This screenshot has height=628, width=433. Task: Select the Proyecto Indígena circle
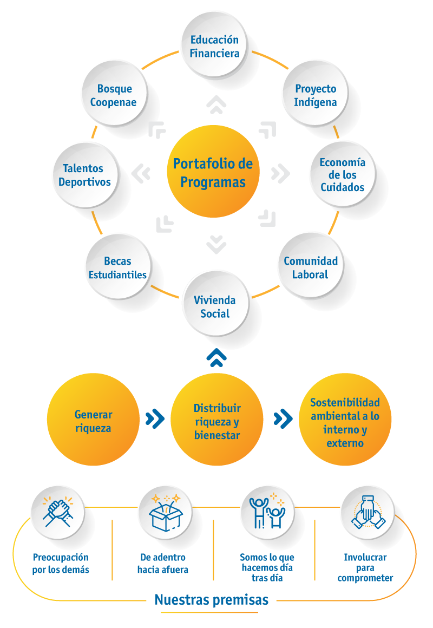pyautogui.click(x=316, y=95)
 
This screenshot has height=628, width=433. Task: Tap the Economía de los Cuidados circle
pyautogui.click(x=342, y=175)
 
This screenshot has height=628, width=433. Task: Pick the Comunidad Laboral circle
pyautogui.click(x=311, y=267)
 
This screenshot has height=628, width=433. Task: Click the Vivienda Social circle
pyautogui.click(x=215, y=307)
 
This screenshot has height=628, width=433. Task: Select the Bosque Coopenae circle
pyautogui.click(x=114, y=95)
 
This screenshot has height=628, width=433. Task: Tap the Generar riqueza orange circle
pyautogui.click(x=93, y=421)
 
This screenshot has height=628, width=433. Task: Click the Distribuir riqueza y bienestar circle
pyautogui.click(x=217, y=421)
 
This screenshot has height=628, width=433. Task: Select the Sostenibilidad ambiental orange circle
pyautogui.click(x=345, y=421)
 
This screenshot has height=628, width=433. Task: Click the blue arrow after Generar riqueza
pyautogui.click(x=155, y=418)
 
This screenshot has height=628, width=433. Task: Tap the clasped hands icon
pyautogui.click(x=58, y=512)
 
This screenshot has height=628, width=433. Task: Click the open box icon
pyautogui.click(x=165, y=512)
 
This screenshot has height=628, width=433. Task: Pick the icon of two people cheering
pyautogui.click(x=267, y=512)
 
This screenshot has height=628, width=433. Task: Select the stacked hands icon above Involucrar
pyautogui.click(x=368, y=512)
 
